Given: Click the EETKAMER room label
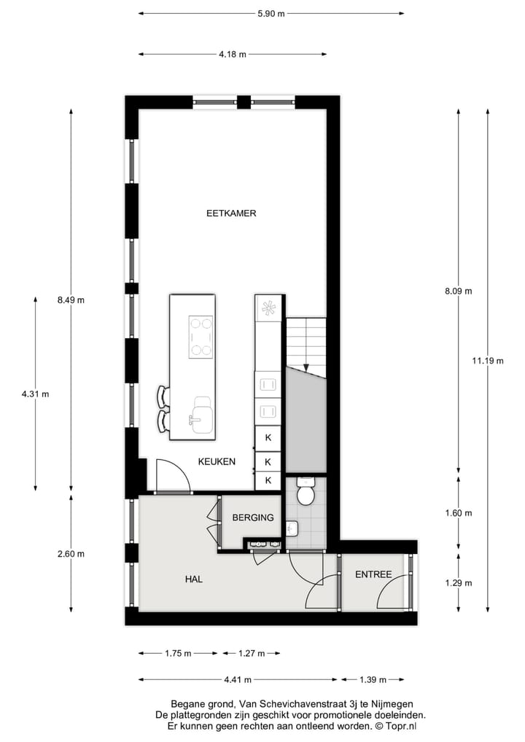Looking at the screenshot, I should [230, 214].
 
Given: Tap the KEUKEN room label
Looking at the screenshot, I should [217, 461].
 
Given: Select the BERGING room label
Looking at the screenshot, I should [252, 518].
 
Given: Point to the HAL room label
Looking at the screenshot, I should [193, 579].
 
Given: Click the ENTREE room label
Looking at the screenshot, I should [373, 574].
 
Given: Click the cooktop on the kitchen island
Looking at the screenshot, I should [201, 337].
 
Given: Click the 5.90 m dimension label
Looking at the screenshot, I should [271, 13].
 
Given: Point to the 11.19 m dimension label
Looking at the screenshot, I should [487, 360].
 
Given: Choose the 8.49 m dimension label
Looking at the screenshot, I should [71, 300].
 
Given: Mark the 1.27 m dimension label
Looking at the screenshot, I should [251, 654].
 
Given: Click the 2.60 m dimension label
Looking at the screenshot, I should [71, 553].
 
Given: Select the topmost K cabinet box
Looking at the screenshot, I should [268, 437].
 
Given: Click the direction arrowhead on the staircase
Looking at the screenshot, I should [306, 367].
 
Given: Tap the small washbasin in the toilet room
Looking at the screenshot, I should [292, 528].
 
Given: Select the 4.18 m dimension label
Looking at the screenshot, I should [233, 54].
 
